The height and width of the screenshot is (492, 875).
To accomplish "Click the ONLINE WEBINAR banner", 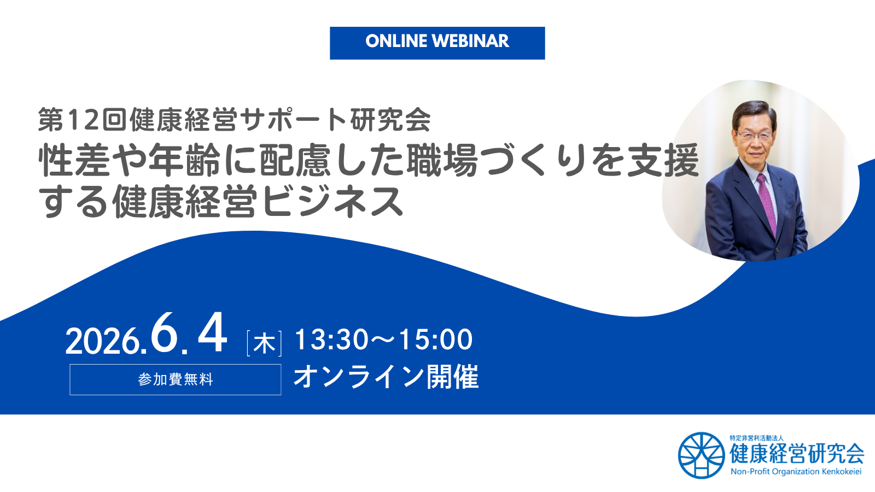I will pyautogui.click(x=437, y=43).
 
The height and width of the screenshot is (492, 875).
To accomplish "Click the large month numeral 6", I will pyautogui.click(x=165, y=333).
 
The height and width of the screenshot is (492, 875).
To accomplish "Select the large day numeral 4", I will pyautogui.click(x=212, y=333).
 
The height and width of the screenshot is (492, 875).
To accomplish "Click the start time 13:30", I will pyautogui.click(x=331, y=339).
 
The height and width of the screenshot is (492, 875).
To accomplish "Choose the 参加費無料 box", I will pyautogui.click(x=175, y=379).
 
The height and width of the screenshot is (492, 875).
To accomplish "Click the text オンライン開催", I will pyautogui.click(x=386, y=377).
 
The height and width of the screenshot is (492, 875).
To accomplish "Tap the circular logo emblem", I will pyautogui.click(x=701, y=455).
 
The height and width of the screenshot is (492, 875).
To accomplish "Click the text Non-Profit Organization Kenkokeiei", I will pyautogui.click(x=796, y=471).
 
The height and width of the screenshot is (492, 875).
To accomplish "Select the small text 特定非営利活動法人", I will pyautogui.click(x=756, y=438).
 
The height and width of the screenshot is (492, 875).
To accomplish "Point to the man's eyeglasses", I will pyautogui.click(x=755, y=134).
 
